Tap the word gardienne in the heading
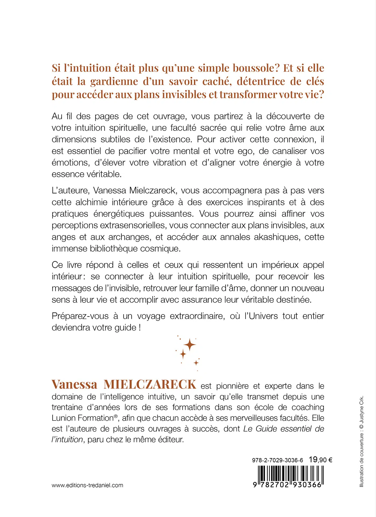click(x=114, y=81)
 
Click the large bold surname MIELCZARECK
click(x=150, y=385)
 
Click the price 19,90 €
click(x=320, y=460)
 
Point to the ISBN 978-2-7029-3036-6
click(x=277, y=460)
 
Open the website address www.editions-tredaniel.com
click(x=87, y=485)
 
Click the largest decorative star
click(x=190, y=345)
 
